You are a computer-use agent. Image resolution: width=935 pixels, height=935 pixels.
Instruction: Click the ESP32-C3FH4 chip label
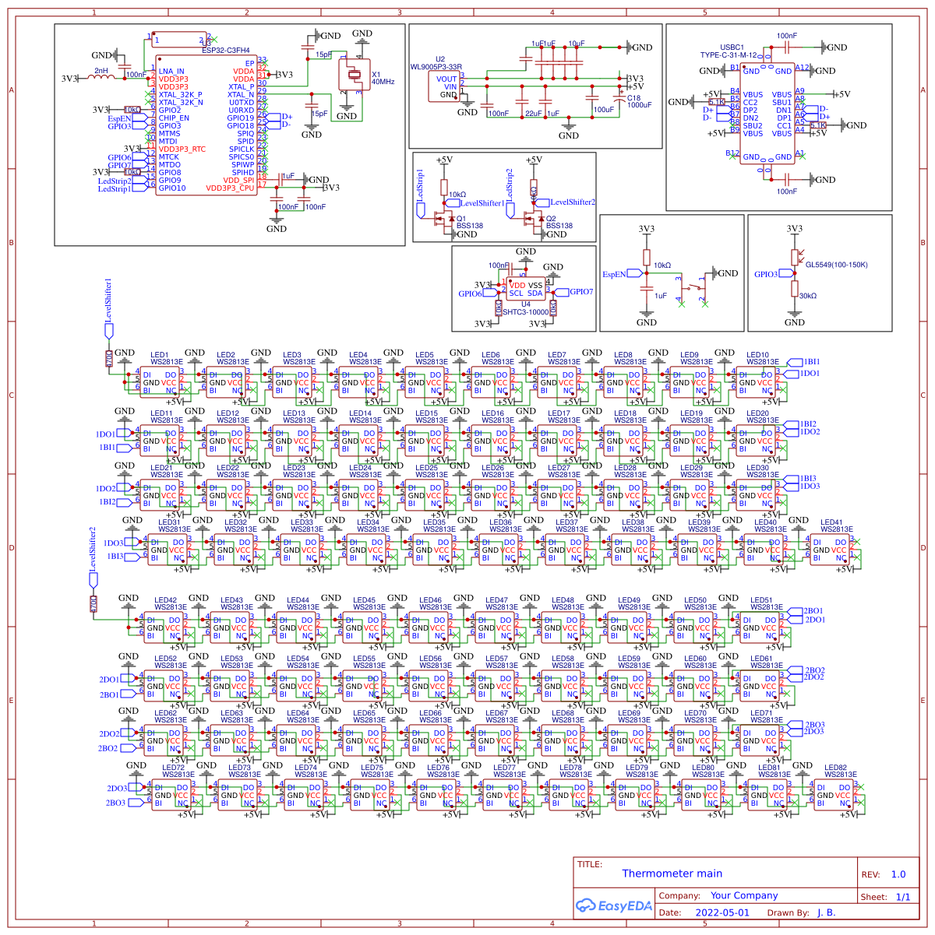225,50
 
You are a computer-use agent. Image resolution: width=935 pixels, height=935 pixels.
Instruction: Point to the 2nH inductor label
101,71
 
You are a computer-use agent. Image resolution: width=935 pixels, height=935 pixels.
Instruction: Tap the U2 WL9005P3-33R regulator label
438,63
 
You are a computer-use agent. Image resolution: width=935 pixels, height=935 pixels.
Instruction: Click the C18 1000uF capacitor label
639,102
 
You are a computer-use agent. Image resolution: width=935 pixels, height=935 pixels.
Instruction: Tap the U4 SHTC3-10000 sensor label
525,308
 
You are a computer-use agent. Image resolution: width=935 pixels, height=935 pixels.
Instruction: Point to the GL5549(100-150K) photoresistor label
836,265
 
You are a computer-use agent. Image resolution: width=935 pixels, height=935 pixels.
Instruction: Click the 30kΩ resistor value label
808,296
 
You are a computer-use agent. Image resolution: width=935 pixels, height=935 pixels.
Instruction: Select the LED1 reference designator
159,355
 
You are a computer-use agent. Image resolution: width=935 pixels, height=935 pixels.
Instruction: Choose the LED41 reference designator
831,522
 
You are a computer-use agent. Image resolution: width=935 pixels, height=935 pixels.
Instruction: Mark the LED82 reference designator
835,768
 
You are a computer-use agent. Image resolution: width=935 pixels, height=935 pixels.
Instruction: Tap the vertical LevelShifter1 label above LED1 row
108,301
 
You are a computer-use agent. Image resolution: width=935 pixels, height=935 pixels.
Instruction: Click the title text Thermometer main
672,873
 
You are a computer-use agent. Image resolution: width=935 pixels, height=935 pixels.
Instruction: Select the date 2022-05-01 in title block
722,912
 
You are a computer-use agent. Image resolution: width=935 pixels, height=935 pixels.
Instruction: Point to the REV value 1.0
898,874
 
